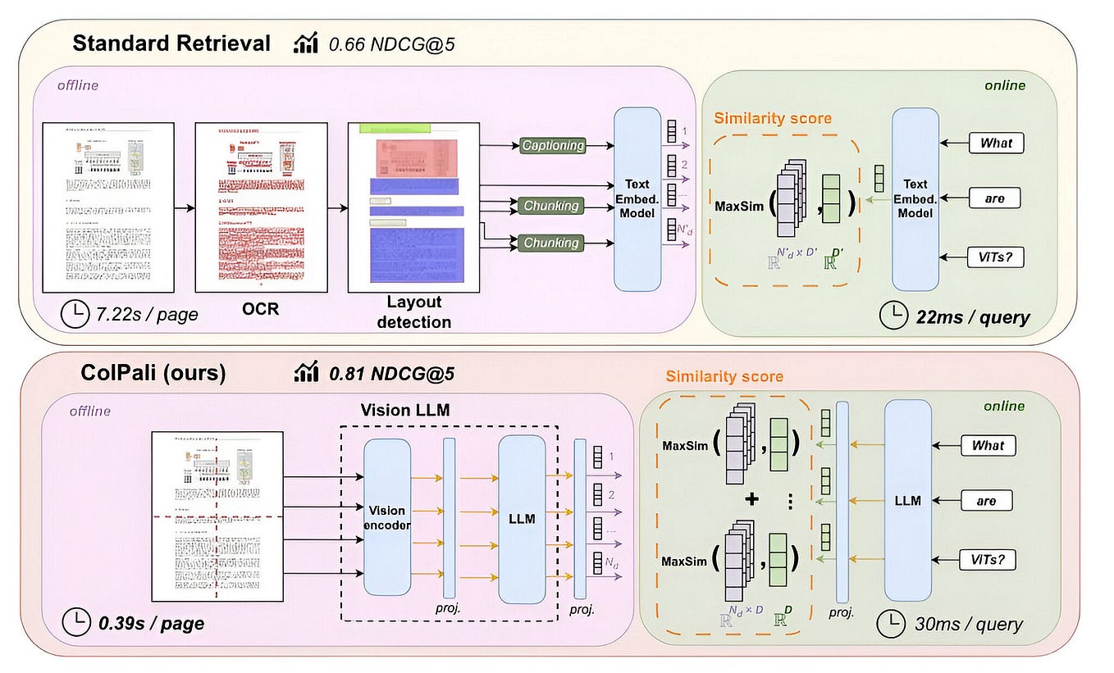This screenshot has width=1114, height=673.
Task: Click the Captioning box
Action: click(552, 145)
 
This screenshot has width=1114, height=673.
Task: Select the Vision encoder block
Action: click(386, 516)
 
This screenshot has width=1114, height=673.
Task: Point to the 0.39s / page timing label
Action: click(151, 622)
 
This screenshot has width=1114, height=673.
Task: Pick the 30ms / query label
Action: click(968, 624)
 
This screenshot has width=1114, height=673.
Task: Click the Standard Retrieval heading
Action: click(171, 43)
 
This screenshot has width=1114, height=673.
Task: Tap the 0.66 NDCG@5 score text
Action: click(391, 44)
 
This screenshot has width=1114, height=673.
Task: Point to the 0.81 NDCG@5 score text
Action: click(391, 373)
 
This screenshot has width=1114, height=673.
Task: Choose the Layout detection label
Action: click(413, 313)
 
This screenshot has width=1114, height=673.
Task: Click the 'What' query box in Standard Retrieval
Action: click(996, 143)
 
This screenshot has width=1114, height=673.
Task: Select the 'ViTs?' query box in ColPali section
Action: click(988, 561)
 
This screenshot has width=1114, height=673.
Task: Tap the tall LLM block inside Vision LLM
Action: click(522, 516)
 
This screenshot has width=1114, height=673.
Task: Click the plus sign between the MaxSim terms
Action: click(751, 499)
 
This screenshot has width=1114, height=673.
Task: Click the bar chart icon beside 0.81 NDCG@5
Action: click(306, 373)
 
